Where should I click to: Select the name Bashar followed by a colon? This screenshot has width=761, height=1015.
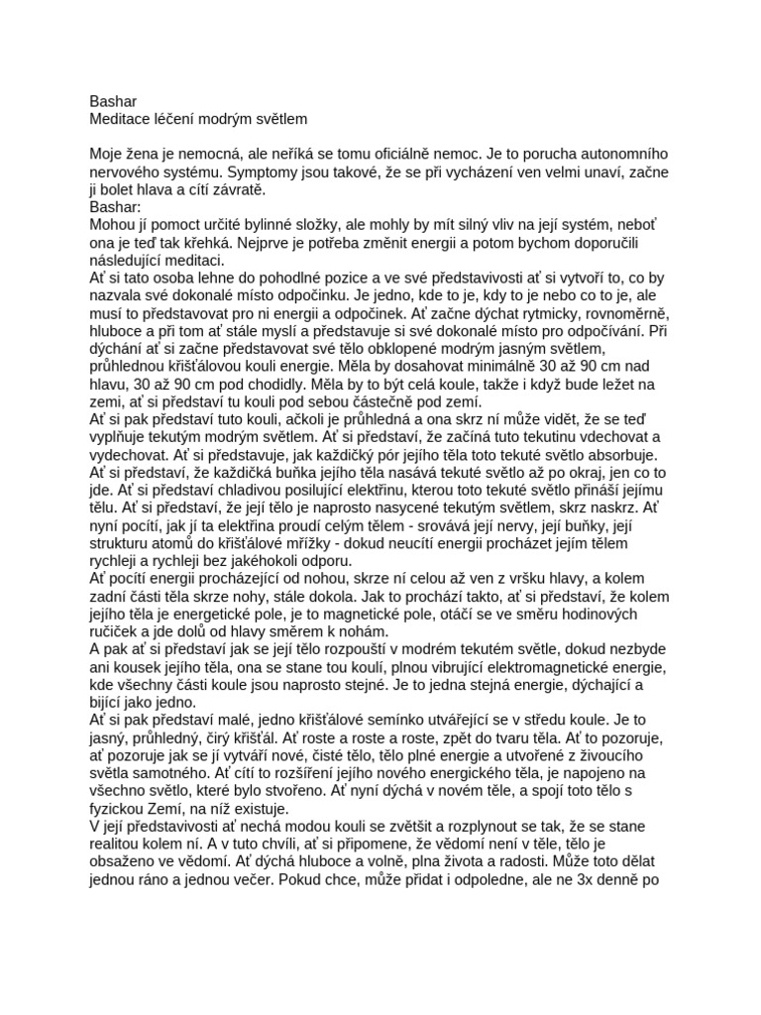point(116,207)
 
